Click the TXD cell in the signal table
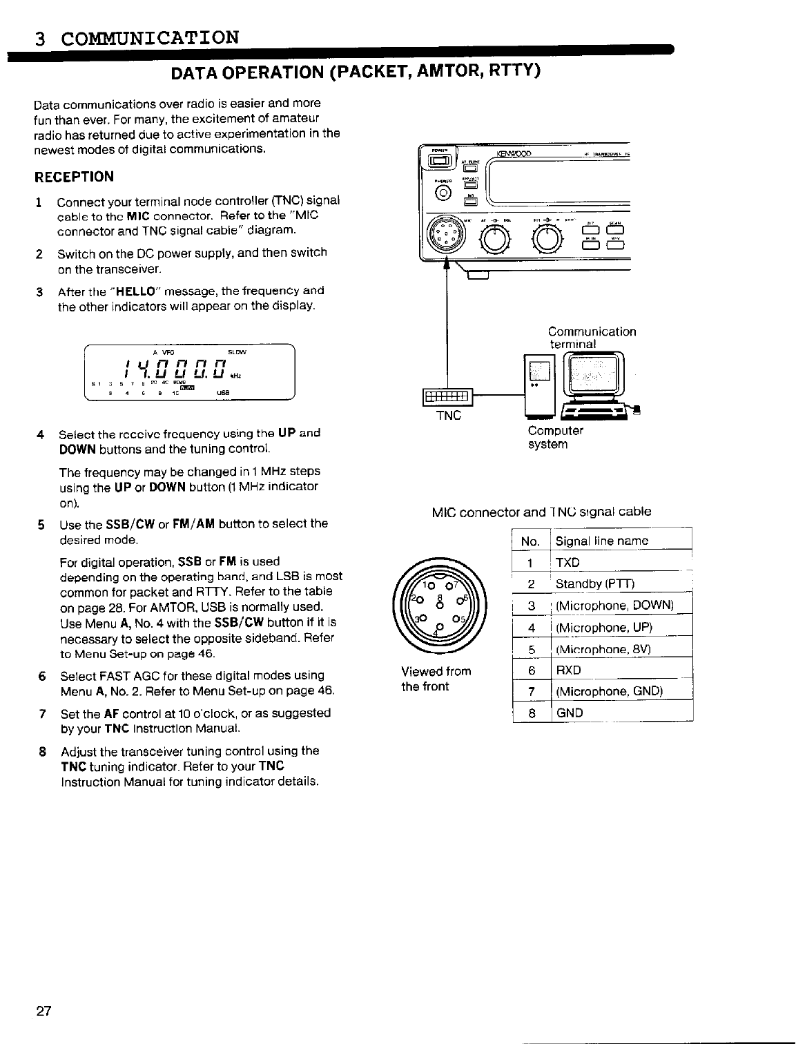coord(567,563)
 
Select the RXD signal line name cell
coord(568,670)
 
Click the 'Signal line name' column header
coord(602,541)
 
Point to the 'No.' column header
coord(530,541)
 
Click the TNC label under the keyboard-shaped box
coord(449,416)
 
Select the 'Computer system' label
coord(555,438)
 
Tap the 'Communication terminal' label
coord(592,338)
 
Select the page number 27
coord(43,1012)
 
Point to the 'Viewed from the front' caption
coord(436,679)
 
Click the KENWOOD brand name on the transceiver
coord(517,153)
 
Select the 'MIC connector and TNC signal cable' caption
coord(541,512)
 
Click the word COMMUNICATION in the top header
coord(150,37)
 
